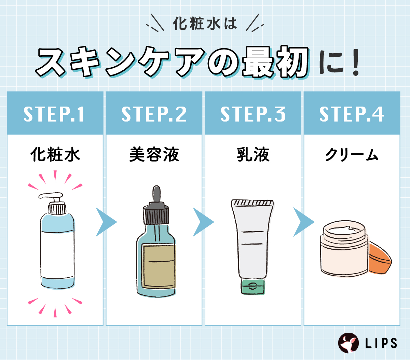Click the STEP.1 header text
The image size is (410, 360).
point(54,114)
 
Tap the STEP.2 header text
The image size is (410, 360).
point(154,114)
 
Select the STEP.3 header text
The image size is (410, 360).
point(253,114)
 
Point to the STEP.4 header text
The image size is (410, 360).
point(352,114)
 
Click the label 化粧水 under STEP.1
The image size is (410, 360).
point(55,155)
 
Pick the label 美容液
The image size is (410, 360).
point(154,155)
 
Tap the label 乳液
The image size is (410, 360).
point(253,155)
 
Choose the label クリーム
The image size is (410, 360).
point(352,155)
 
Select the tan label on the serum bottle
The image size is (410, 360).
point(159,266)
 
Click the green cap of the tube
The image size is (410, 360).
point(253,287)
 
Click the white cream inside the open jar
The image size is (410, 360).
point(344,230)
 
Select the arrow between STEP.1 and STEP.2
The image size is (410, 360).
point(106,222)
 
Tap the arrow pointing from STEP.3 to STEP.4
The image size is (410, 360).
point(303,222)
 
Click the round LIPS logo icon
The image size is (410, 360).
point(348,343)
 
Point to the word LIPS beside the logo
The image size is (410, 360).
point(381,343)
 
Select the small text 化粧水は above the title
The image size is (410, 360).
point(205,24)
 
